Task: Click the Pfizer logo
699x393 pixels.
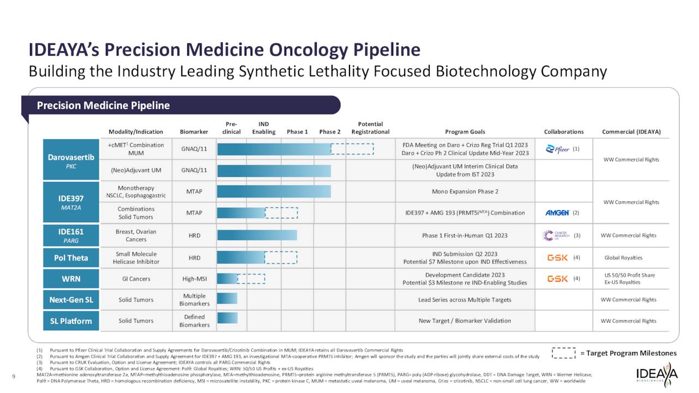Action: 558,149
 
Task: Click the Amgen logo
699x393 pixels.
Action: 558,213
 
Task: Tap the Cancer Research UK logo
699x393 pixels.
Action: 555,235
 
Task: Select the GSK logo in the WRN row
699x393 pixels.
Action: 558,278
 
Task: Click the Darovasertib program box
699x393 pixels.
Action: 71,160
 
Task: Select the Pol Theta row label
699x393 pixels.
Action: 71,258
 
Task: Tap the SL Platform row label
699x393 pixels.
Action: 71,321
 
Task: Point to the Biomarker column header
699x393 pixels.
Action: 194,132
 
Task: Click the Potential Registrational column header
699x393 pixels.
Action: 370,128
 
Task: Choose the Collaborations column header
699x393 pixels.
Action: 564,132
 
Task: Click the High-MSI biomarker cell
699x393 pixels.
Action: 194,279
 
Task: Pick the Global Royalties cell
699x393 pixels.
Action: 623,258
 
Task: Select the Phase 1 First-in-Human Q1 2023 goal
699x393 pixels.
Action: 465,236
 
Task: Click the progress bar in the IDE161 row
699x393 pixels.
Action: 257,235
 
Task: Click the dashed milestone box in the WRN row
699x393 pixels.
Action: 251,279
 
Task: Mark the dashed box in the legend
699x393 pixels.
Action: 564,353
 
